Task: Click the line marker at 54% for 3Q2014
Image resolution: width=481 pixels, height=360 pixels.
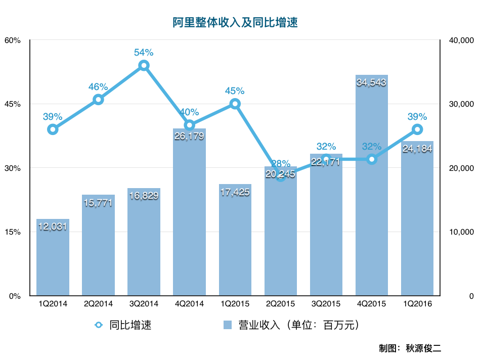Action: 144,66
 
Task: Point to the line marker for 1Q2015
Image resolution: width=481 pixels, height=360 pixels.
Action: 235,104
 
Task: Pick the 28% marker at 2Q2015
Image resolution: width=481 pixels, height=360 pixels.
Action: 281,176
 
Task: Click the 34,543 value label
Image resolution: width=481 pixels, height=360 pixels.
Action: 372,82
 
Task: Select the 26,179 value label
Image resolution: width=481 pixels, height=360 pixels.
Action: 189,136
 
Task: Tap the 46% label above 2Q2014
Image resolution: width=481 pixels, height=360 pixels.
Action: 98,87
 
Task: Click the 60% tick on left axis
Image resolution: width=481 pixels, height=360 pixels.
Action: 12,40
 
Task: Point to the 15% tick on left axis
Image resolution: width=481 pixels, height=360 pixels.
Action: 12,232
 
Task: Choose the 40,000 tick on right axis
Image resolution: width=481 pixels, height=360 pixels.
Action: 460,40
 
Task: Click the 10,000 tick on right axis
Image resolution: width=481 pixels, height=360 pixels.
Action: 460,232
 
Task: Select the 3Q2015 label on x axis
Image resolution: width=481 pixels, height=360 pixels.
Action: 326,304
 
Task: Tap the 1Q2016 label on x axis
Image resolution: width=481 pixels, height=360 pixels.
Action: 417,304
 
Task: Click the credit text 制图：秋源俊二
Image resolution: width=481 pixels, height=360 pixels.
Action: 410,348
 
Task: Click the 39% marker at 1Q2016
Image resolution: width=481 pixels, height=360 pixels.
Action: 417,129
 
